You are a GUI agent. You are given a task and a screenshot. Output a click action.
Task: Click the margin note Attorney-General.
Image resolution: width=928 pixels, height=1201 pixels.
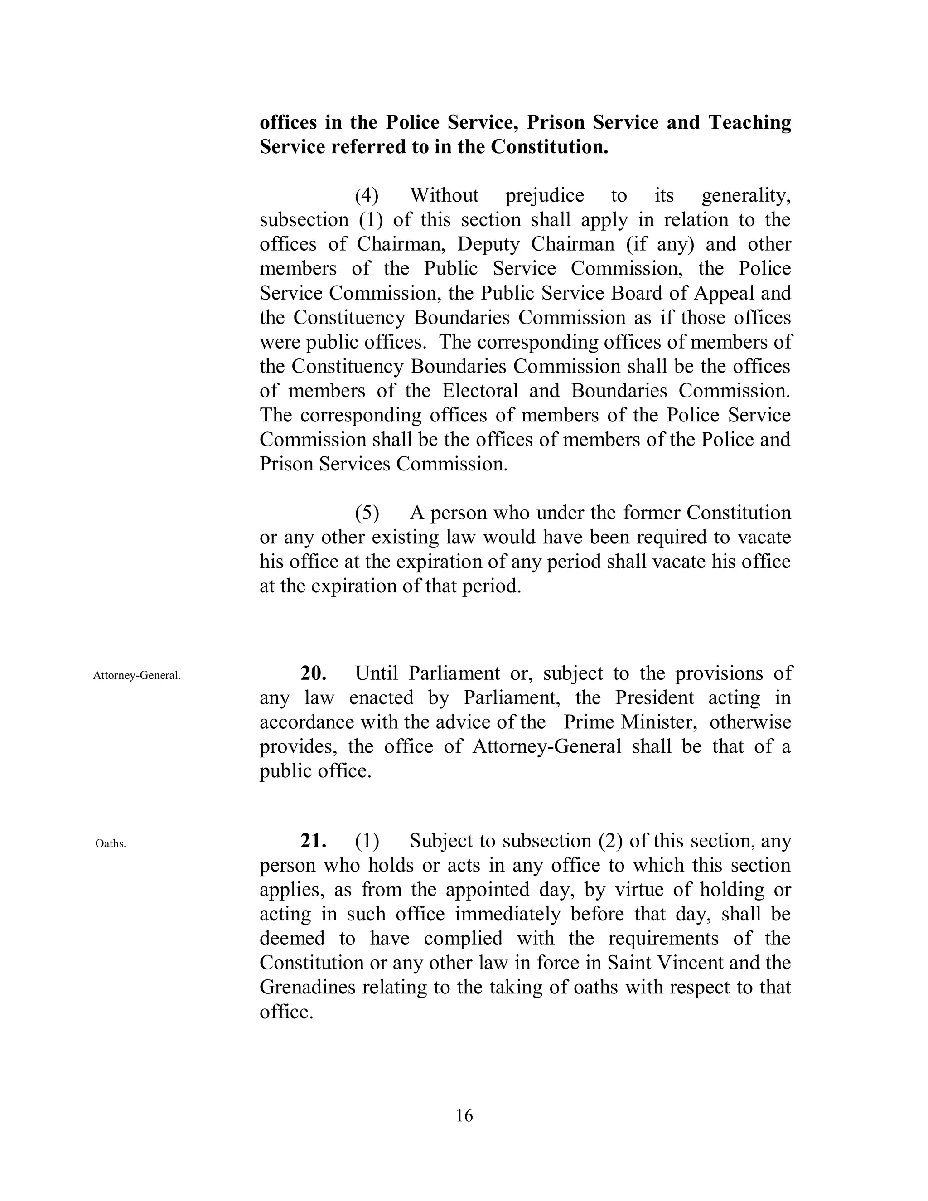click(x=137, y=675)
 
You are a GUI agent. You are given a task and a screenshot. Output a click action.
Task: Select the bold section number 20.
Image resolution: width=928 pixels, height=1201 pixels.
click(x=314, y=673)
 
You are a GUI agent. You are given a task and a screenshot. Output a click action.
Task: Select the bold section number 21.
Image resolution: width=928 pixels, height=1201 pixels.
click(x=314, y=841)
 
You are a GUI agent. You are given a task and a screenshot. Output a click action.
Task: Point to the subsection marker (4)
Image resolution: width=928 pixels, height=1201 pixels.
click(x=367, y=195)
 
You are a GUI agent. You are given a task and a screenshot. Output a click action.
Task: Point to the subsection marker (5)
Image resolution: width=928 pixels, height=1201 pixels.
click(x=367, y=513)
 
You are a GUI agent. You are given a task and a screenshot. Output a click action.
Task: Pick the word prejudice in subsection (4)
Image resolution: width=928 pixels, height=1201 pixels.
click(x=544, y=195)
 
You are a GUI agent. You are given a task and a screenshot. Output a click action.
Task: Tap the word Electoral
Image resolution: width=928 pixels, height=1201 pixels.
click(x=480, y=390)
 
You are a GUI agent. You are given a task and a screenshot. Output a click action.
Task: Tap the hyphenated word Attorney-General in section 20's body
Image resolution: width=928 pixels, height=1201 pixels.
click(x=546, y=746)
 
